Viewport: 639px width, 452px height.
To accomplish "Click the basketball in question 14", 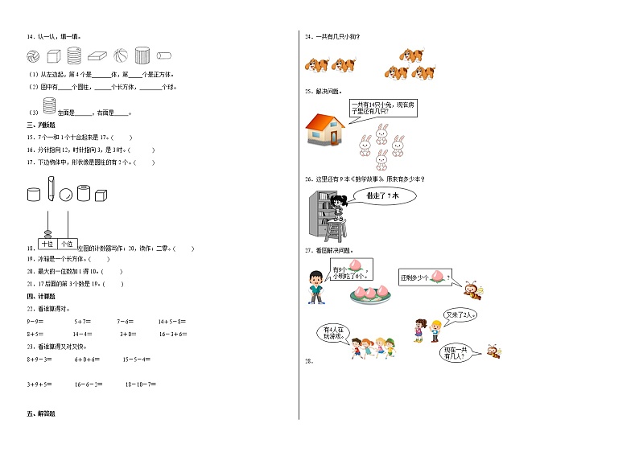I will (x=120, y=56).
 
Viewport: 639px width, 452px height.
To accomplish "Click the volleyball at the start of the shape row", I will (x=33, y=56).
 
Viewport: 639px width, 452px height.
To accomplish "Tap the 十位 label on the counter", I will (x=47, y=243).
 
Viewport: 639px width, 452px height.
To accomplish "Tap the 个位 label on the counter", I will (x=67, y=243).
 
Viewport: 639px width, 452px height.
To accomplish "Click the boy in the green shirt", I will (x=315, y=287).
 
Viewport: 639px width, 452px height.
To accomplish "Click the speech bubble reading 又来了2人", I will (x=460, y=315).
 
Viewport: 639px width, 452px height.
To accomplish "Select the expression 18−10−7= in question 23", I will (x=140, y=384).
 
